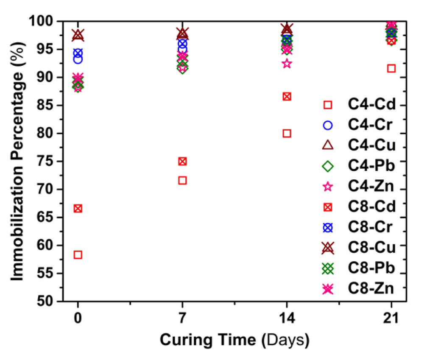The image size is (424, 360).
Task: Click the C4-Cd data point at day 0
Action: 78,255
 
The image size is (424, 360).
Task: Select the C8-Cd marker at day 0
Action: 78,209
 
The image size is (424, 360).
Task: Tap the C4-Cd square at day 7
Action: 182,180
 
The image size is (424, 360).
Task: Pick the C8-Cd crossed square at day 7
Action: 182,162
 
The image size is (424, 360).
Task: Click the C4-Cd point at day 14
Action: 287,133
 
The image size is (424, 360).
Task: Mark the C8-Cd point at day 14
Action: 287,97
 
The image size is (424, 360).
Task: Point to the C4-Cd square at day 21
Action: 391,68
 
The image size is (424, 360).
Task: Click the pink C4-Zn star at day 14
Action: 287,64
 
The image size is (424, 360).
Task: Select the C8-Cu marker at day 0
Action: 78,35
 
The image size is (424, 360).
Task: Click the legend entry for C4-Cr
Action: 357,125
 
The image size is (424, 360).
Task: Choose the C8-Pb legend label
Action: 371,268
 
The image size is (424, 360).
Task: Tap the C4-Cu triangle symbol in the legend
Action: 328,145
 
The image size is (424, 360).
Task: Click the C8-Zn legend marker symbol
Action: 328,289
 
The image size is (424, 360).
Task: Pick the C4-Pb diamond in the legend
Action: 328,166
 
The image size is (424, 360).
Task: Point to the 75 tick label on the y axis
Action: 45,162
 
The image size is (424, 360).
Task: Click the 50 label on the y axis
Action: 45,301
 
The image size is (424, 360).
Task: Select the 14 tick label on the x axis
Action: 287,318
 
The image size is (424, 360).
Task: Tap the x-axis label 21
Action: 391,318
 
